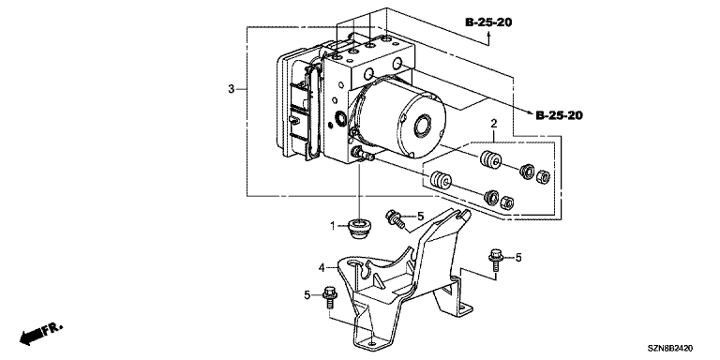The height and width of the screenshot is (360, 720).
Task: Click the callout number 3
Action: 232,89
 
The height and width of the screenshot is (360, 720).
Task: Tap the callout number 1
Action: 334,225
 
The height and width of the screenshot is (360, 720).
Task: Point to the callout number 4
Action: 322,267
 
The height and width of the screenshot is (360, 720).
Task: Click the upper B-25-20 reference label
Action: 488,22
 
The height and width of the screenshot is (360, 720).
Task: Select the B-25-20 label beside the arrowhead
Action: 560,115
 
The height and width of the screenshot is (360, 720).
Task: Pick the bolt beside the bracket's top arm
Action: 396,218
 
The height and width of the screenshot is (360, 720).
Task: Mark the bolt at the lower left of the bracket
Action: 330,297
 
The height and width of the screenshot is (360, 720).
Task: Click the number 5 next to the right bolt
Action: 518,258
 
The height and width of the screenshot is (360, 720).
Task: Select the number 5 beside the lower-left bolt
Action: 307,294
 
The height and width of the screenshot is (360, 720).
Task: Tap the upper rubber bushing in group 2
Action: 490,159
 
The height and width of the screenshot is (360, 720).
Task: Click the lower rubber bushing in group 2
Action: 441,180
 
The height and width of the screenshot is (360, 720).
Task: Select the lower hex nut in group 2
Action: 507,202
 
